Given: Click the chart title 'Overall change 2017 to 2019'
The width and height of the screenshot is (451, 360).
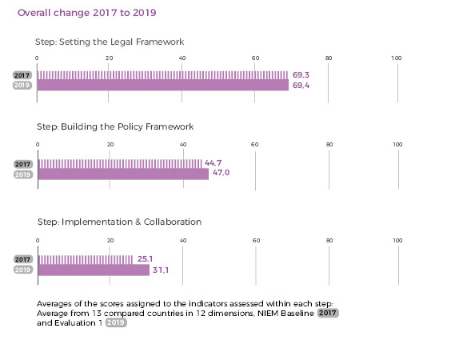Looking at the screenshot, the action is click(x=87, y=13).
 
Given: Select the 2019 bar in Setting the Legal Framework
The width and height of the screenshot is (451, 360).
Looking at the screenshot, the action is click(x=163, y=85).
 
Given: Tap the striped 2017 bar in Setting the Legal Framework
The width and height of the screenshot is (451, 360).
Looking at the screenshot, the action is click(x=162, y=75).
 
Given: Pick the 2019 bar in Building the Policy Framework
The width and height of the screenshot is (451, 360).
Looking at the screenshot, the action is click(x=123, y=174).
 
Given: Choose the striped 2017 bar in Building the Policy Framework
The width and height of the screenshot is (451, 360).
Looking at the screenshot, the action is click(x=120, y=164).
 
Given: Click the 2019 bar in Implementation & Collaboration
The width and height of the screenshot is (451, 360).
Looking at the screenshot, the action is click(x=94, y=270).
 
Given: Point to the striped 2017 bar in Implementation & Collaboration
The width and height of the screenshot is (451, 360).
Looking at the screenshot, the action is click(x=86, y=260).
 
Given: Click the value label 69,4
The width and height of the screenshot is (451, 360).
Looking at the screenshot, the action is click(x=301, y=86).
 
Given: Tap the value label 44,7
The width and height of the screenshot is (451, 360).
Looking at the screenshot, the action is click(x=214, y=163).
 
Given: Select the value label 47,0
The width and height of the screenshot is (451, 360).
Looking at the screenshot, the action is click(x=222, y=173).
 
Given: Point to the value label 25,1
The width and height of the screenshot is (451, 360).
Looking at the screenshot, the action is click(x=145, y=259).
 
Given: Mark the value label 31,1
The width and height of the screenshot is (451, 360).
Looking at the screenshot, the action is click(x=161, y=270).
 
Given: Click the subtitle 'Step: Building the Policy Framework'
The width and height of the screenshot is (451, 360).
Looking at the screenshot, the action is click(x=115, y=126).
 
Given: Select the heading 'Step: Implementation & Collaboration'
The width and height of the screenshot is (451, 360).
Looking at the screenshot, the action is click(x=120, y=222).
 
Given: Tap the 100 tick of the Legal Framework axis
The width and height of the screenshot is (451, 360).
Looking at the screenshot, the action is click(x=397, y=58).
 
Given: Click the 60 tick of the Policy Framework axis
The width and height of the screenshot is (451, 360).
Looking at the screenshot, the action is click(x=255, y=145).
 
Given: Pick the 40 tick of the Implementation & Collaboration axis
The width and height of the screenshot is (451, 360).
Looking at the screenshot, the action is click(x=183, y=240).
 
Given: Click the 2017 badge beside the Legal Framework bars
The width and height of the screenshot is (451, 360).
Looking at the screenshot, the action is click(x=22, y=75).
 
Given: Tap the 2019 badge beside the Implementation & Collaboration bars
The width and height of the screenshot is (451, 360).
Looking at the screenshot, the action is click(x=23, y=270).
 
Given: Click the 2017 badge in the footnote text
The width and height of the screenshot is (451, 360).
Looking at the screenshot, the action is click(x=328, y=313).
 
